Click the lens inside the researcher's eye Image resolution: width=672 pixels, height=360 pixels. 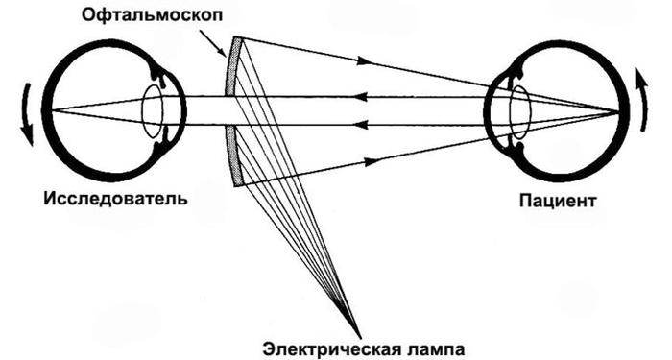point(153,110)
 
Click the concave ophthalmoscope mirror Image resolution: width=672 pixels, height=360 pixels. point(230,110)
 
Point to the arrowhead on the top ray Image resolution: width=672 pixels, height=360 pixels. point(362,61)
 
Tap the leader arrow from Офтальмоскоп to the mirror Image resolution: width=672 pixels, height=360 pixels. point(214,41)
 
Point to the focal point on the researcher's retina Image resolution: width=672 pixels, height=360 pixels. point(49,110)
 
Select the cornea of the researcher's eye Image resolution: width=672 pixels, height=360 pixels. point(181,110)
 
